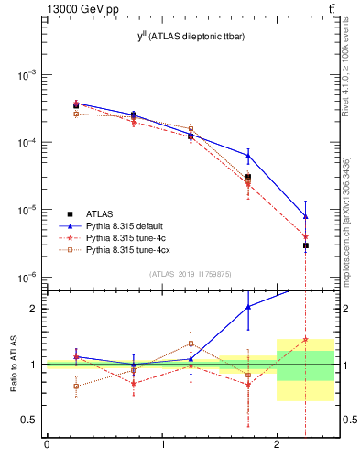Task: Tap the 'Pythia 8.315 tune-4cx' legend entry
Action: coord(131,249)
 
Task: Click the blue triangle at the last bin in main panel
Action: coord(305,216)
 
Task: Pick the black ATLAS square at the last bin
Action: coord(305,245)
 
